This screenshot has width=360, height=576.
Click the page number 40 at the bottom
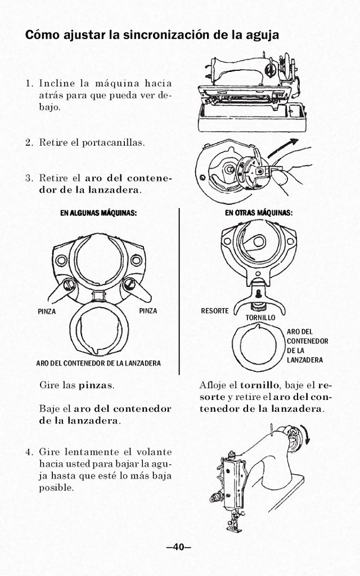click(179, 547)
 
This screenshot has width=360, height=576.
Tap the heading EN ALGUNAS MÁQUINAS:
click(99, 213)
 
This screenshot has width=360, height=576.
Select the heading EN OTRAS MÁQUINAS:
click(258, 213)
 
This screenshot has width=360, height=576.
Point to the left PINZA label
click(46, 311)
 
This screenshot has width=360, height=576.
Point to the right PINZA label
click(147, 311)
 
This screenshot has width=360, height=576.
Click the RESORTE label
click(215, 311)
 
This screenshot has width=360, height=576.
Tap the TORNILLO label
click(260, 318)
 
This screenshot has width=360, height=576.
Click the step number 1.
click(29, 84)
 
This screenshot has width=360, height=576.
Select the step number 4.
click(29, 452)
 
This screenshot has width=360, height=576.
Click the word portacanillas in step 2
click(112, 142)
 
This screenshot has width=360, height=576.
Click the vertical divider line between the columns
click(179, 290)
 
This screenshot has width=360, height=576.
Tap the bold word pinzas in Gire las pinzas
click(95, 386)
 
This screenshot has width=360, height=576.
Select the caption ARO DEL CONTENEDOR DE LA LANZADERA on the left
click(98, 363)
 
